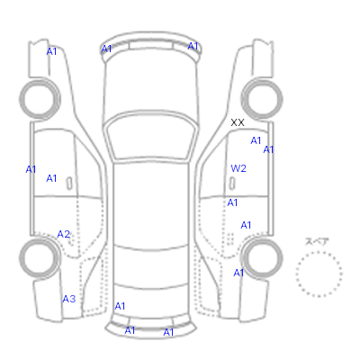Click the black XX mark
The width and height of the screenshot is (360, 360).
[238, 122]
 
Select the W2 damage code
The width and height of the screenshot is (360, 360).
[238, 168]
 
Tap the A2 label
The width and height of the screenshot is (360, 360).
[64, 234]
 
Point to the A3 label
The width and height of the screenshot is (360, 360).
[69, 299]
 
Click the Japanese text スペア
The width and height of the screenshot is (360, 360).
[317, 241]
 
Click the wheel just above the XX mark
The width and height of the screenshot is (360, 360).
[262, 99]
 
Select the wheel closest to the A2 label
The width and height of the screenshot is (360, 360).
[40, 258]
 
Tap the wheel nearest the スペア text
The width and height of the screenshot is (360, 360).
[262, 258]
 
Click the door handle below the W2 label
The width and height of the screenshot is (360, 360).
[232, 184]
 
